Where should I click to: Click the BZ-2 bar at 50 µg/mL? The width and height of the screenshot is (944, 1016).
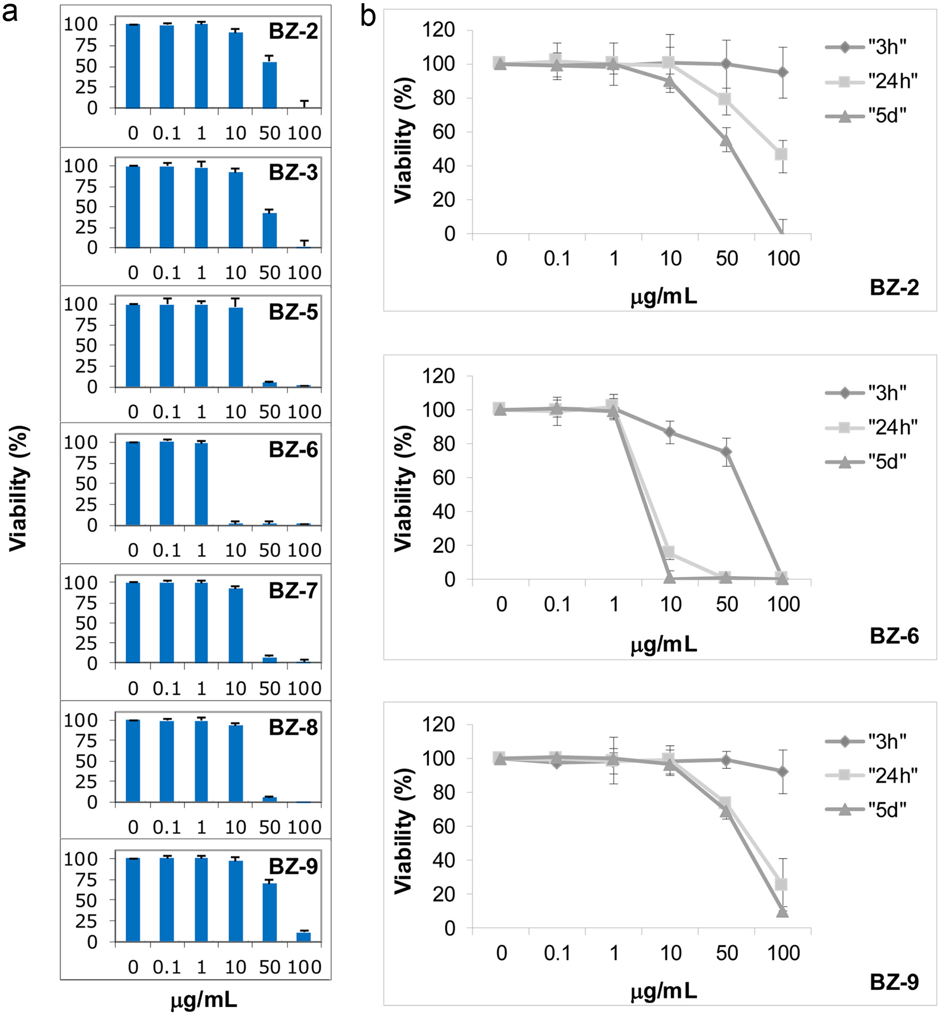tap(270, 85)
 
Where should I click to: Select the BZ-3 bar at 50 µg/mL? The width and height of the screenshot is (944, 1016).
tap(270, 230)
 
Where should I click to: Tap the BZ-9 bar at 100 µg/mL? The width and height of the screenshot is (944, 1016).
tap(304, 937)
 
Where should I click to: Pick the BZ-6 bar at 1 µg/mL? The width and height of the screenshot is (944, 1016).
tap(201, 484)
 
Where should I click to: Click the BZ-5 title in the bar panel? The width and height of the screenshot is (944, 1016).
tap(293, 312)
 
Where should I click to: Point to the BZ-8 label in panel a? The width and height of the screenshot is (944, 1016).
tap(293, 728)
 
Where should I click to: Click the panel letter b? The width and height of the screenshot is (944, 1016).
tap(368, 16)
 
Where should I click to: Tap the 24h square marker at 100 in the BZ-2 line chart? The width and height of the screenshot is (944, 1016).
tap(782, 154)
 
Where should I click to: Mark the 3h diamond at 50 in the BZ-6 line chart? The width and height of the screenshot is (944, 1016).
tap(726, 452)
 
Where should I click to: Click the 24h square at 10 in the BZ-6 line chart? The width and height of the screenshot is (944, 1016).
tap(669, 552)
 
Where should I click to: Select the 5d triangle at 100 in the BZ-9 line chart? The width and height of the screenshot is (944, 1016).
tap(782, 912)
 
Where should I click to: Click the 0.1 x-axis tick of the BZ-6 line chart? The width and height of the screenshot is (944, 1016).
tap(557, 604)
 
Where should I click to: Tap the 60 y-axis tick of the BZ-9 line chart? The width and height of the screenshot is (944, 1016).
tap(443, 827)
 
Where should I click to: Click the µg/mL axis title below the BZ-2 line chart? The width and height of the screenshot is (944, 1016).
tap(664, 296)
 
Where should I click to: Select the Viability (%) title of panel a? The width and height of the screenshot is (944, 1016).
tap(19, 488)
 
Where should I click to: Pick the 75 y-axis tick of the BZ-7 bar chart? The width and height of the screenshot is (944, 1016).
tap(86, 603)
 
